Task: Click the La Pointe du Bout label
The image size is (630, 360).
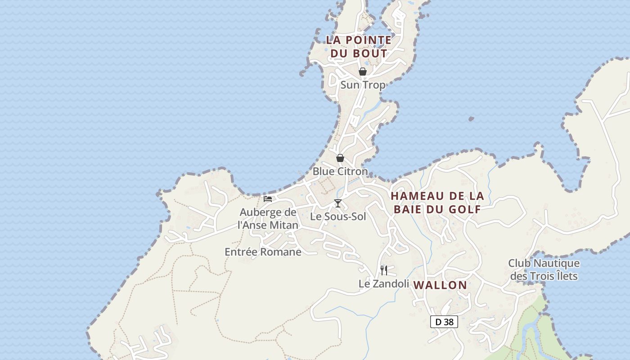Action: pos(359,46)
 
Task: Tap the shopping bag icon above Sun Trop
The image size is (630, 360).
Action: pos(362,72)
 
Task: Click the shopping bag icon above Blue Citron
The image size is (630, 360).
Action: pos(340,158)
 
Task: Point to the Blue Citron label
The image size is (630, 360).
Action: pos(340,171)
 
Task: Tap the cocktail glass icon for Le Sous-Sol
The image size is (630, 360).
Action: pos(338,203)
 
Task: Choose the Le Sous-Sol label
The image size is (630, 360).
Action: pos(338,216)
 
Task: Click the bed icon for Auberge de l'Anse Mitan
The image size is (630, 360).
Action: pos(268,199)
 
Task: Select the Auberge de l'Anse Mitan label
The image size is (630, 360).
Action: pos(268,219)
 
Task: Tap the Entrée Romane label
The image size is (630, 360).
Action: pos(263,252)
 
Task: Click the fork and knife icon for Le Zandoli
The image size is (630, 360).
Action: pos(384,270)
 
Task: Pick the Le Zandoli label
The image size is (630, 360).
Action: pos(384,283)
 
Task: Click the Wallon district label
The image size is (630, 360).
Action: pos(440,285)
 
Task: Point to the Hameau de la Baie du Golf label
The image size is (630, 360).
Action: pos(437,202)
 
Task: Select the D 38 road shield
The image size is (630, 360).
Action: pos(444,322)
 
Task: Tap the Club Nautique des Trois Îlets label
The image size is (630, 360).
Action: pos(544,269)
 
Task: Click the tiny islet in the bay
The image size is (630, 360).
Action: pos(471,119)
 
